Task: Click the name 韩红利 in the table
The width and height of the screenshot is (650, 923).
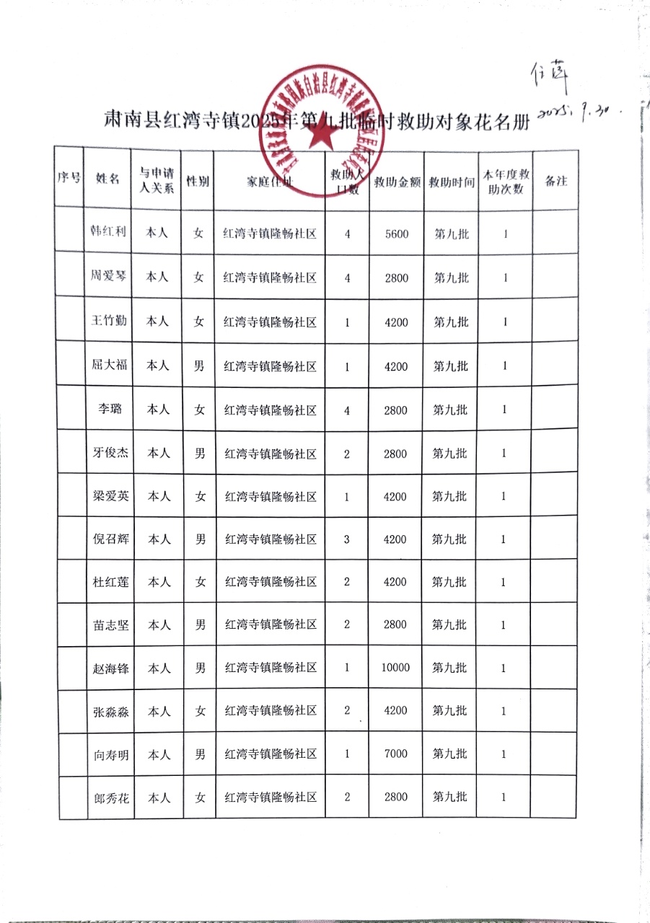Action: (108, 233)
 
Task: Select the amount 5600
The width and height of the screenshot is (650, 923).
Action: (397, 234)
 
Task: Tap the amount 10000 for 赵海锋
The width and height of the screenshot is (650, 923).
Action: (396, 668)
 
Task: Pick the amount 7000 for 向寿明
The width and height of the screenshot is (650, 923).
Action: (396, 754)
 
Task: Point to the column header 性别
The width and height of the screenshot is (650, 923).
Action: (198, 181)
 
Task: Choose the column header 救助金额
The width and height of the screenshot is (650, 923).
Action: (397, 182)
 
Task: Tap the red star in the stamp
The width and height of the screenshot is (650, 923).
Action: (318, 139)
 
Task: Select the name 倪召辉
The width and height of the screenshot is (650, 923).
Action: (108, 539)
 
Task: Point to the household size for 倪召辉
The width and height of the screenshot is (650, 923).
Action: (347, 539)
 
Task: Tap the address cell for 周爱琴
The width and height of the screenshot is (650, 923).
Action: (271, 278)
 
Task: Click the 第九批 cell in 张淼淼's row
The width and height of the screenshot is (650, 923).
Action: (449, 711)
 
